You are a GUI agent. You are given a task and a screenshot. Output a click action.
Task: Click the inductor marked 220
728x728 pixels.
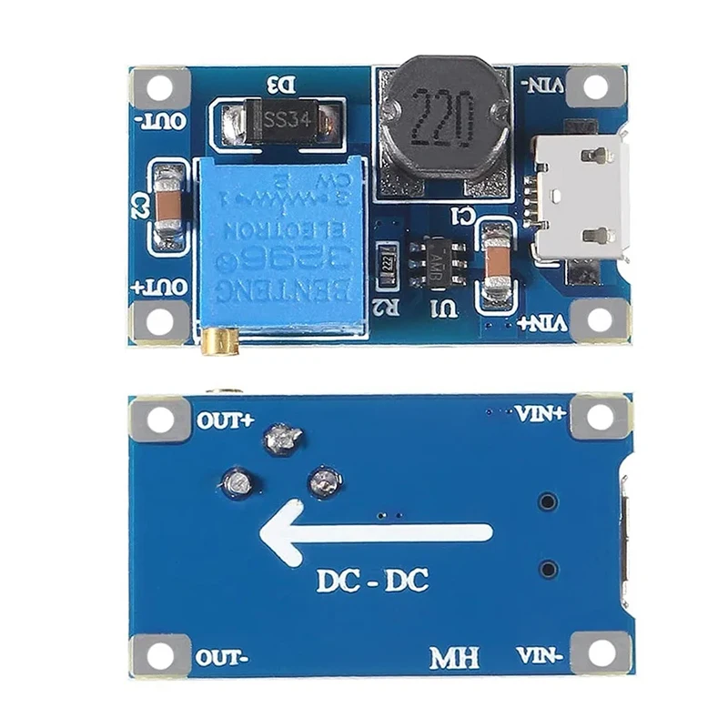(440, 116)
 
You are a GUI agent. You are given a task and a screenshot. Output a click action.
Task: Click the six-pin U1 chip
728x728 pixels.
(440, 264)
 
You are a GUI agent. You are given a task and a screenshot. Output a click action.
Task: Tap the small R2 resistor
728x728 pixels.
(385, 259)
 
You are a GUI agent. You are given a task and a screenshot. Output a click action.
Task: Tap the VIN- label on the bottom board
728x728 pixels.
(541, 654)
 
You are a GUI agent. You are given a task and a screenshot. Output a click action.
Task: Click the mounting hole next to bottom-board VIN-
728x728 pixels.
(600, 652)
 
